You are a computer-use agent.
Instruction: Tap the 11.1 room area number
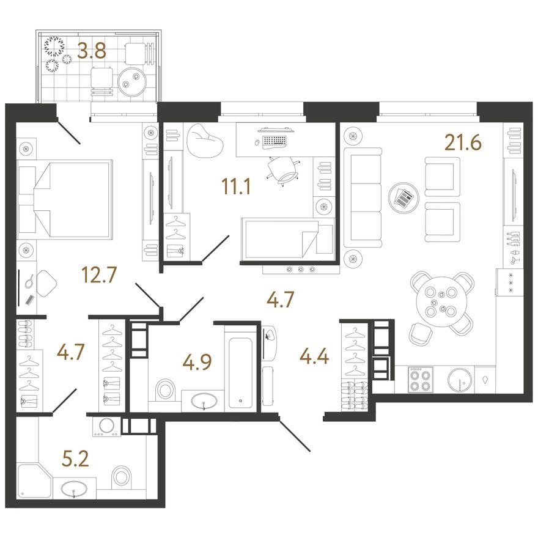click(x=237, y=186)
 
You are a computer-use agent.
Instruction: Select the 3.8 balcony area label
click(x=92, y=51)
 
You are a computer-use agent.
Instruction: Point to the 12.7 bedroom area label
click(x=100, y=275)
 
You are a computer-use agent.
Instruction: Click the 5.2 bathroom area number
click(x=75, y=459)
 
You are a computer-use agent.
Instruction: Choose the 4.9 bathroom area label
click(x=197, y=363)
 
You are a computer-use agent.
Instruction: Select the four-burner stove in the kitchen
click(x=421, y=380)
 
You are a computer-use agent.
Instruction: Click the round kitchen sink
click(x=460, y=380)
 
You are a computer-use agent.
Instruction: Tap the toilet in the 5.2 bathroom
click(x=122, y=476)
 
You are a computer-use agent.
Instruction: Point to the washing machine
click(x=107, y=427)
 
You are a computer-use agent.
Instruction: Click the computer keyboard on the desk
click(x=275, y=141)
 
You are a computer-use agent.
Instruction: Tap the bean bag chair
click(x=205, y=140)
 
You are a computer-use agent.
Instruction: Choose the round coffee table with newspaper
click(x=403, y=198)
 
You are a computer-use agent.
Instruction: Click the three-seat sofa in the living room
click(x=363, y=198)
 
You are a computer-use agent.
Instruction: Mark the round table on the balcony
click(x=132, y=82)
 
